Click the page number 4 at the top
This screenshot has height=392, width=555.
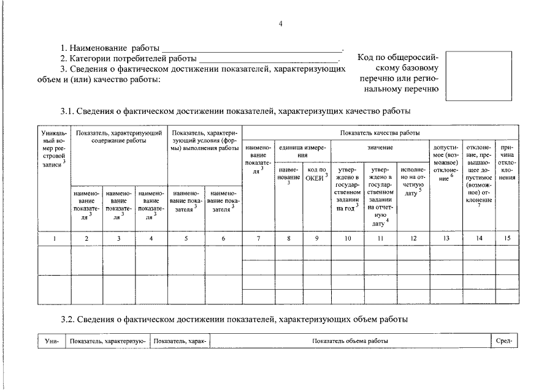pos(280,23)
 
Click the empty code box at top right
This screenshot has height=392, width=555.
pos(478,75)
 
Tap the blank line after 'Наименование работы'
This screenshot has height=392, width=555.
pos(251,48)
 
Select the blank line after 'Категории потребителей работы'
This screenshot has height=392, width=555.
pos(269,59)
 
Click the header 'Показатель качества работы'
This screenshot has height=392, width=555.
pos(380,132)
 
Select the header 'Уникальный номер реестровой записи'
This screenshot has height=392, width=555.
pos(53,150)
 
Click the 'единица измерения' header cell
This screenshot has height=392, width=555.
pos(303,151)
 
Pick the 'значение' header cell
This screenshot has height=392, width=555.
pos(380,148)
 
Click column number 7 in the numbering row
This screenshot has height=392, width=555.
pos(258,238)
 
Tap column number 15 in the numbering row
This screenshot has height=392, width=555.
pos(507,238)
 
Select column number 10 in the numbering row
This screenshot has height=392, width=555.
pos(347,238)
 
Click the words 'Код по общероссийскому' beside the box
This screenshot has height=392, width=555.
pos(397,58)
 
